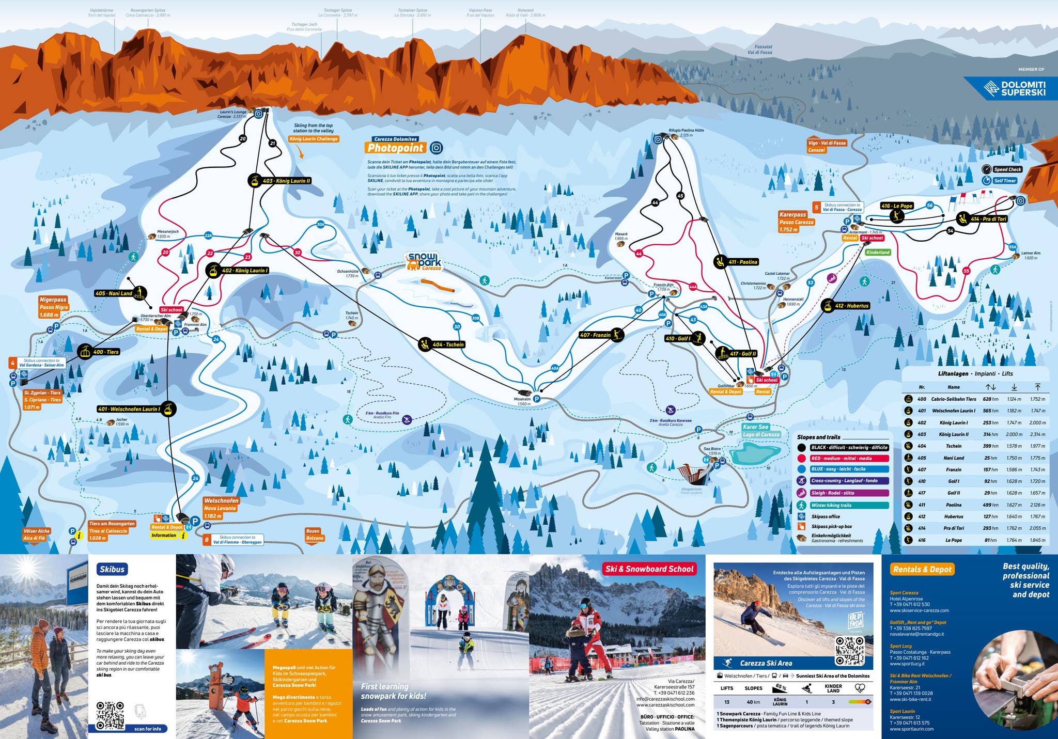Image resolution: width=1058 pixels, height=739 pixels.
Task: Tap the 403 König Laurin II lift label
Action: click(286, 181)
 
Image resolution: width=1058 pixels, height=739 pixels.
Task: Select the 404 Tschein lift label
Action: click(448, 344)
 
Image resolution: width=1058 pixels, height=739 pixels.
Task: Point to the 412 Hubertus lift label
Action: click(851, 306)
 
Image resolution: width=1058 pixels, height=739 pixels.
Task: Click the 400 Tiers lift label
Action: click(105, 352)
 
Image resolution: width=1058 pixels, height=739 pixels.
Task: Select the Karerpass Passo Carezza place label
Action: click(796, 222)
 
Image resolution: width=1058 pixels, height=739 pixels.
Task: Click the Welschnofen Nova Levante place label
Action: click(221, 508)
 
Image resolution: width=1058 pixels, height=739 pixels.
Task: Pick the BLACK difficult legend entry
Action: click(849, 448)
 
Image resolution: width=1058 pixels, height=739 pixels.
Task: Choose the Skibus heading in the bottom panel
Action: click(112, 569)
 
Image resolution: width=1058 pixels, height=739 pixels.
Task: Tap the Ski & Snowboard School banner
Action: click(650, 569)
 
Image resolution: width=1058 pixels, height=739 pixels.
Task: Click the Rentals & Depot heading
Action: click(922, 569)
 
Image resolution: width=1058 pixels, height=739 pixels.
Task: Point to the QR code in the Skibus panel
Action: click(111, 715)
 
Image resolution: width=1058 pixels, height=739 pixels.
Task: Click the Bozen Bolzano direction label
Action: click(314, 534)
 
